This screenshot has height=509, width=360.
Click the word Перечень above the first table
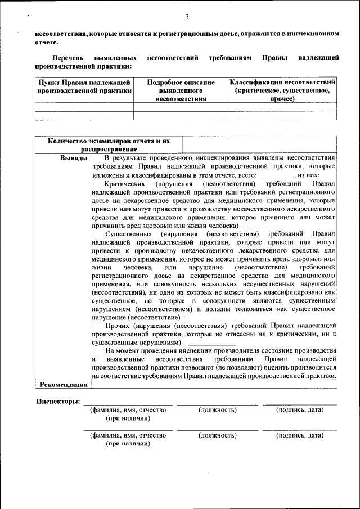click(68, 58)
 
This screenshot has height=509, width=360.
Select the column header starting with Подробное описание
click(181, 90)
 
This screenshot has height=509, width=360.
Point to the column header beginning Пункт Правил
click(84, 86)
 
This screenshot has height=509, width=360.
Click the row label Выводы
click(74, 158)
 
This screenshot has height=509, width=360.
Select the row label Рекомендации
click(64, 385)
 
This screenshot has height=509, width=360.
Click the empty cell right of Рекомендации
click(214, 385)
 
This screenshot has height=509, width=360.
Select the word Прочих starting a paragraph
click(117, 325)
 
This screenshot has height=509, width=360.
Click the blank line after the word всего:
click(278, 177)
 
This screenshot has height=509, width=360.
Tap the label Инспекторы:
click(58, 402)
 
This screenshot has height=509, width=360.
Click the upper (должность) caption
click(218, 410)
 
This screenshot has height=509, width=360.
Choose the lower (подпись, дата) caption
click(299, 435)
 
